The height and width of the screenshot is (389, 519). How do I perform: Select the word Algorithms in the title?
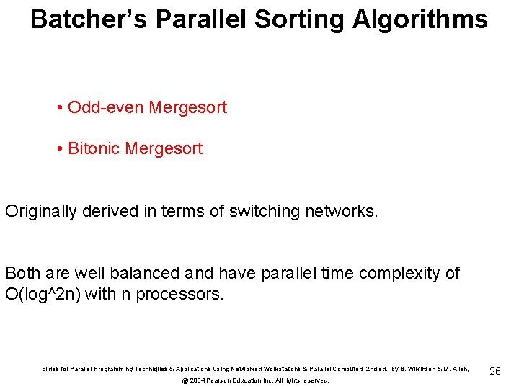pyautogui.click(x=420, y=19)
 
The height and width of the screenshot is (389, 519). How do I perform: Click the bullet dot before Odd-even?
pyautogui.click(x=58, y=108)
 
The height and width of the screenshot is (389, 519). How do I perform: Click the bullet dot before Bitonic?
pyautogui.click(x=58, y=149)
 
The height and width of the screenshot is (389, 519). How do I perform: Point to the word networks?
pyautogui.click(x=343, y=211)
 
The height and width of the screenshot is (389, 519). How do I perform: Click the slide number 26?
pyautogui.click(x=494, y=371)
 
